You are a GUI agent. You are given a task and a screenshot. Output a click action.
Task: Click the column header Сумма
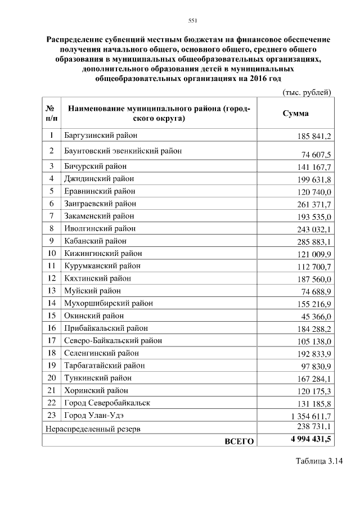(295, 113)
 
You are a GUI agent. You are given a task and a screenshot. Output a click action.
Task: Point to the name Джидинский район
(100, 179)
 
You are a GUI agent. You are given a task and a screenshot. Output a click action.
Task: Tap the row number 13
(52, 291)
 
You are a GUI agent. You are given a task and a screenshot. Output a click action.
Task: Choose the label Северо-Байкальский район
(113, 341)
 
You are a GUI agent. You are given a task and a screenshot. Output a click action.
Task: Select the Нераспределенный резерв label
(93, 429)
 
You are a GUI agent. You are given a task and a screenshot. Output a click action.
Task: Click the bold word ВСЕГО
(239, 441)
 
